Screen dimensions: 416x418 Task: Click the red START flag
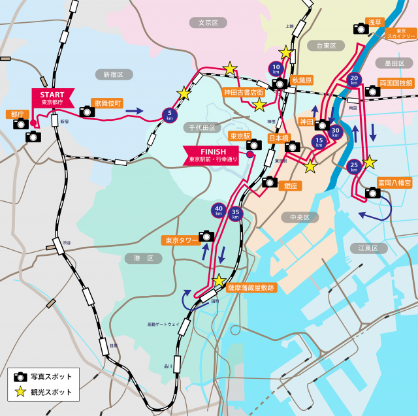(x=52, y=97)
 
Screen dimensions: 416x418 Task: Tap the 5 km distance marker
(x=170, y=115)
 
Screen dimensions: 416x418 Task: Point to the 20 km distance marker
(x=354, y=79)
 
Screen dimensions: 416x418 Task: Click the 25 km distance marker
(x=354, y=166)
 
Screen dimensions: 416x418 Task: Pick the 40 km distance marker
(x=219, y=210)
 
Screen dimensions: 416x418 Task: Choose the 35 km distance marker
(x=236, y=213)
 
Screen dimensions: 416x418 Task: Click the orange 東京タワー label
(x=180, y=240)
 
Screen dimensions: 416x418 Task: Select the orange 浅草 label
(x=375, y=22)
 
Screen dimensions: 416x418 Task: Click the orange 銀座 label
(x=290, y=185)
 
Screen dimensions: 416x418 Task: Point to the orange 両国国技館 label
(x=396, y=83)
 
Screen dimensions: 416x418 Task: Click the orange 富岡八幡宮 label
(x=394, y=183)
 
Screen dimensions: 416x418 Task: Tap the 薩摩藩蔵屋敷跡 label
(x=251, y=287)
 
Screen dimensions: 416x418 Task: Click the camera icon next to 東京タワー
(x=206, y=236)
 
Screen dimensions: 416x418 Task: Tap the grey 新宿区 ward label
(x=113, y=74)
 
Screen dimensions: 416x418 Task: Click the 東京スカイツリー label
(x=401, y=33)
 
